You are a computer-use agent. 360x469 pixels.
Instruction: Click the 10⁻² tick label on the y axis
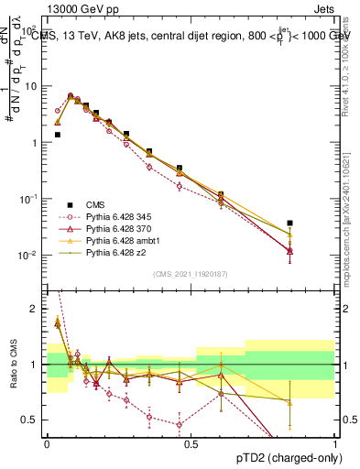click(30, 255)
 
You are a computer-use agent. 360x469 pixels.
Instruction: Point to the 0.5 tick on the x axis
click(191, 443)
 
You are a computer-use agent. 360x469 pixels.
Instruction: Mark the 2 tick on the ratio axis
click(38, 309)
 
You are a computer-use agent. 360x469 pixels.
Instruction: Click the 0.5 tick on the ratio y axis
click(33, 420)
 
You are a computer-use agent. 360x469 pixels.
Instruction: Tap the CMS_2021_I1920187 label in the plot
click(191, 272)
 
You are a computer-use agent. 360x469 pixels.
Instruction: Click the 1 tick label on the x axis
click(335, 443)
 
